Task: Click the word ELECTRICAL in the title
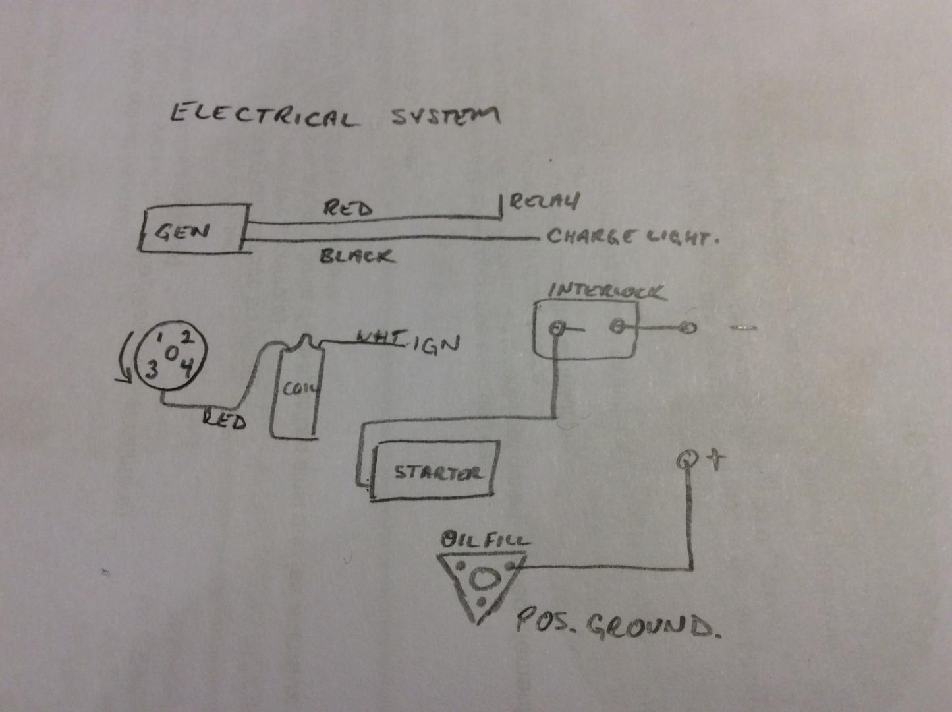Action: [x=264, y=116]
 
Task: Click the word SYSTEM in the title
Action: [x=445, y=116]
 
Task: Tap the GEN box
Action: [x=194, y=229]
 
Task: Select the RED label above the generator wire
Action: [x=347, y=208]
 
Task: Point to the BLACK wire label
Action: [x=356, y=256]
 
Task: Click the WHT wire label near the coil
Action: [x=378, y=338]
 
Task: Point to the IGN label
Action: [x=436, y=344]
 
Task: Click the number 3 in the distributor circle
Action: [x=152, y=369]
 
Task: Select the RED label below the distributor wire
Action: [x=224, y=419]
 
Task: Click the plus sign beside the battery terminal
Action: [x=715, y=459]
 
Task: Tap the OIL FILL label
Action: [x=484, y=541]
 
